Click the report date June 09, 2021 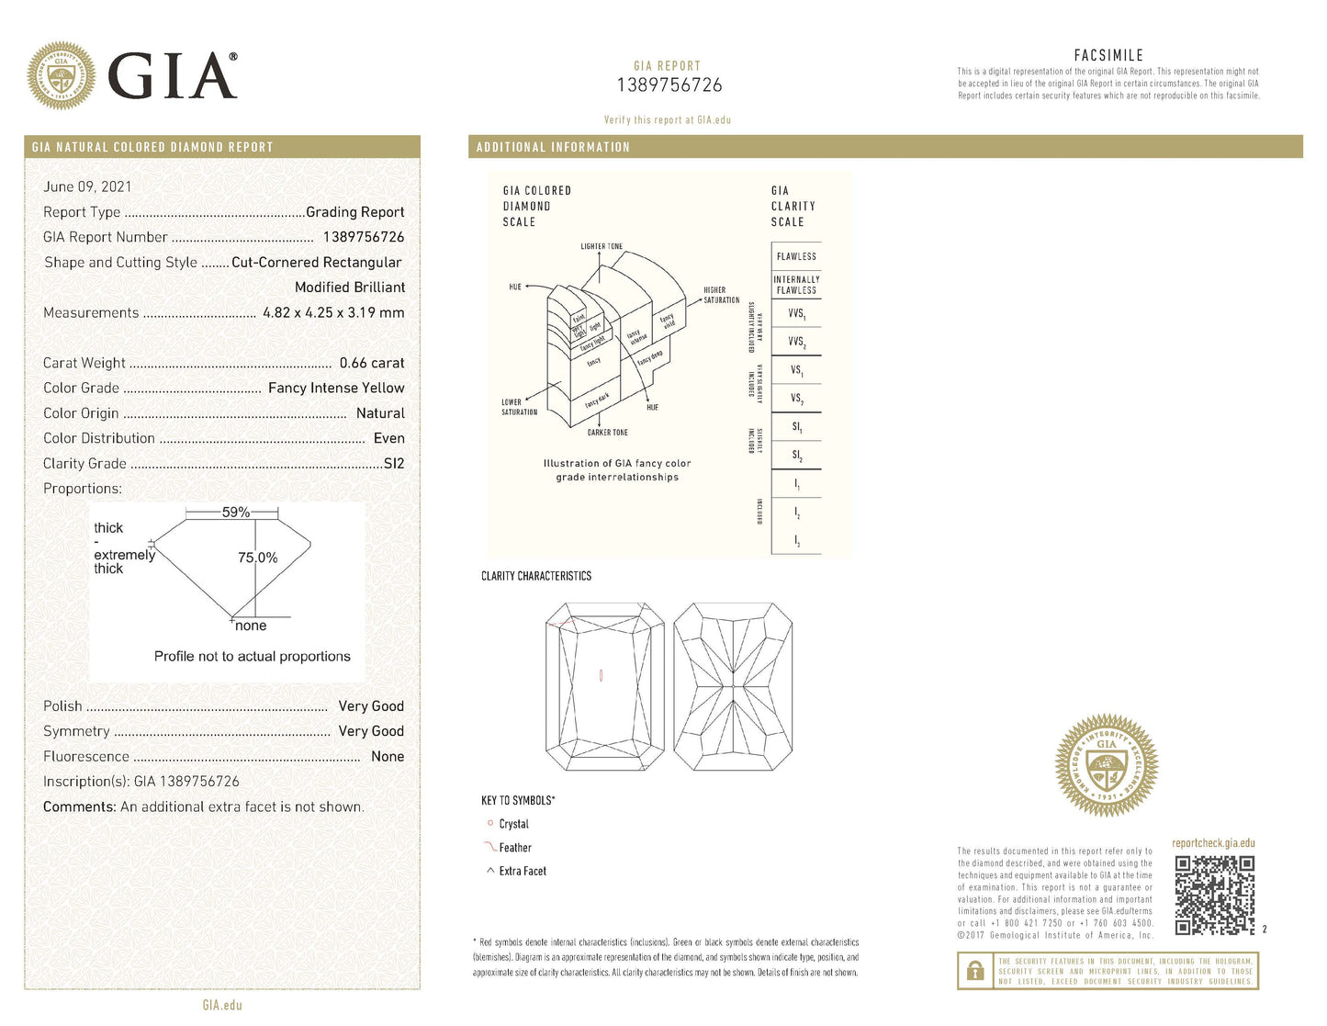pyautogui.click(x=87, y=186)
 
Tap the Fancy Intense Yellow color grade pyautogui.click(x=336, y=388)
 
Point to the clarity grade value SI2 pyautogui.click(x=394, y=464)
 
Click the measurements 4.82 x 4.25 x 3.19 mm pyautogui.click(x=333, y=312)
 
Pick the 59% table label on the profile pyautogui.click(x=236, y=513)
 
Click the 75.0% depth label pyautogui.click(x=257, y=558)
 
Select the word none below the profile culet pyautogui.click(x=251, y=626)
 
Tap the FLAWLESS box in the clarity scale pyautogui.click(x=796, y=256)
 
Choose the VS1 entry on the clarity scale pyautogui.click(x=796, y=370)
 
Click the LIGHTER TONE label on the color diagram pyautogui.click(x=602, y=246)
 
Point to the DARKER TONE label pyautogui.click(x=608, y=433)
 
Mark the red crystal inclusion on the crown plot pyautogui.click(x=601, y=676)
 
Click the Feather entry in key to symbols pyautogui.click(x=514, y=848)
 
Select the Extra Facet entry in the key pyautogui.click(x=522, y=871)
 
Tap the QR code pyautogui.click(x=1214, y=895)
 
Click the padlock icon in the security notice pyautogui.click(x=975, y=971)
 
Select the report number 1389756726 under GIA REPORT pyautogui.click(x=669, y=85)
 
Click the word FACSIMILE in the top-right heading pyautogui.click(x=1108, y=55)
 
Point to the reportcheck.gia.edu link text pyautogui.click(x=1213, y=843)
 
